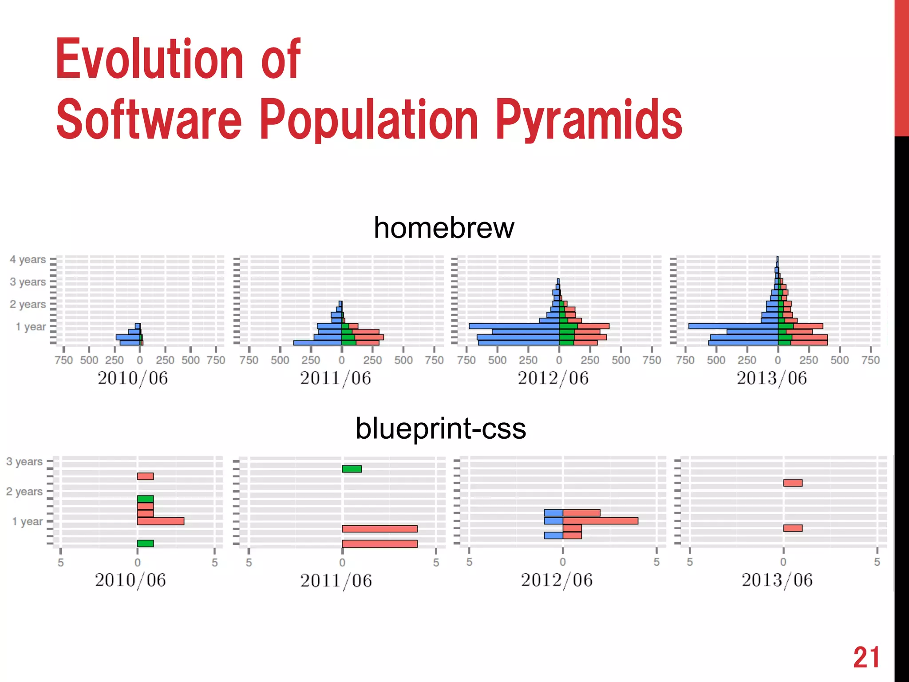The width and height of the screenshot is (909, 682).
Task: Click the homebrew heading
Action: pyautogui.click(x=443, y=228)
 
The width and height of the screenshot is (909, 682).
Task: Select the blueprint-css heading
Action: pyautogui.click(x=441, y=428)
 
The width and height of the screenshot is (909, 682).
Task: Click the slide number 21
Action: pyautogui.click(x=866, y=658)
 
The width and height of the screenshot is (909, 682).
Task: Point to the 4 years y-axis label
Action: pyautogui.click(x=28, y=259)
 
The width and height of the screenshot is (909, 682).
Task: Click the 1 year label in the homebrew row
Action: pyautogui.click(x=31, y=327)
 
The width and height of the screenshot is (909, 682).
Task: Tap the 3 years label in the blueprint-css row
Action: pyautogui.click(x=24, y=462)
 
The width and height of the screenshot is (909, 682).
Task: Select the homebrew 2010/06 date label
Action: pyautogui.click(x=133, y=378)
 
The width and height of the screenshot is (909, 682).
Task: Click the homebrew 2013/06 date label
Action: pyautogui.click(x=772, y=378)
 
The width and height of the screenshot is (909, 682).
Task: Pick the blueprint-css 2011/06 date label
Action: pyautogui.click(x=336, y=581)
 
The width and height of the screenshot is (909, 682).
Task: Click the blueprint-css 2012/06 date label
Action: pyautogui.click(x=557, y=580)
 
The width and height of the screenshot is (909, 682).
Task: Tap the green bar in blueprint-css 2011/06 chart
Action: pyautogui.click(x=352, y=469)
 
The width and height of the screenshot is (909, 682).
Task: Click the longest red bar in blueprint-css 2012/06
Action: pyautogui.click(x=600, y=521)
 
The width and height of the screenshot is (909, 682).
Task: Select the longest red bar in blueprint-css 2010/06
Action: pyautogui.click(x=161, y=521)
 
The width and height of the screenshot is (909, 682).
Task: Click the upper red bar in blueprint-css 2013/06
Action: pyautogui.click(x=793, y=483)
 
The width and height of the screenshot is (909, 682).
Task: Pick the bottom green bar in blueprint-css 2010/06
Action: pyautogui.click(x=145, y=543)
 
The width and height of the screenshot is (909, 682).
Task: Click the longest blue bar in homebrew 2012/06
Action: pyautogui.click(x=514, y=326)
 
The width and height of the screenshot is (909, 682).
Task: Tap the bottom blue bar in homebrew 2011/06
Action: pyautogui.click(x=317, y=343)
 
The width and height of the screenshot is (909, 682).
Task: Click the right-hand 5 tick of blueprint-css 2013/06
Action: pyautogui.click(x=877, y=562)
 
